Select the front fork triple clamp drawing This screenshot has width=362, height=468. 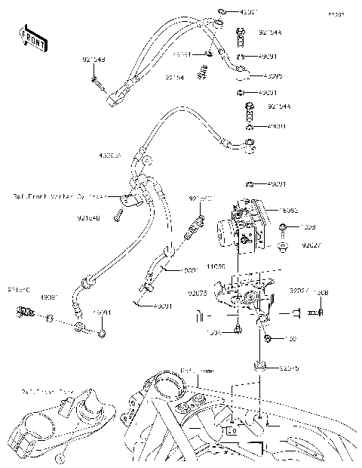tap(64, 426)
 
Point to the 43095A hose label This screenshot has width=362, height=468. tap(109, 155)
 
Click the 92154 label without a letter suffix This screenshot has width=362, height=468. tap(175, 77)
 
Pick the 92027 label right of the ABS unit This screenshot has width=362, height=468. tap(311, 245)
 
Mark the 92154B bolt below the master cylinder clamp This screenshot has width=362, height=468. tap(119, 219)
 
